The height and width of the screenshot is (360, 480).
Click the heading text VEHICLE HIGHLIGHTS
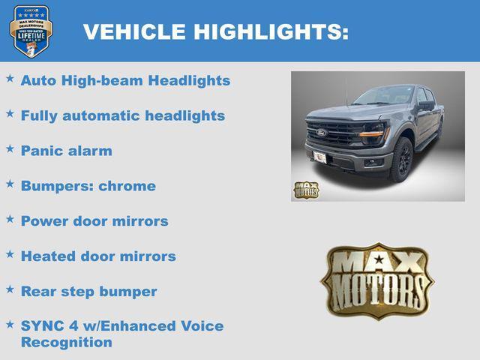pyautogui.click(x=215, y=31)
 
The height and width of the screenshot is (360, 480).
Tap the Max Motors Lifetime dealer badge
pyautogui.click(x=31, y=31)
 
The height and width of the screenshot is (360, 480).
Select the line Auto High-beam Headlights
pyautogui.click(x=125, y=80)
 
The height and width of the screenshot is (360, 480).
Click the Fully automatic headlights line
pyautogui.click(x=122, y=115)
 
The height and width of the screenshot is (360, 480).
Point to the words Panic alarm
pyautogui.click(x=66, y=151)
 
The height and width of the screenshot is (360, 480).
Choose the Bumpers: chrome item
pyautogui.click(x=88, y=186)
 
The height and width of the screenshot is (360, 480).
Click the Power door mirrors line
pyautogui.click(x=94, y=221)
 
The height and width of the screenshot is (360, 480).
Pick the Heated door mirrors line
pyautogui.click(x=98, y=256)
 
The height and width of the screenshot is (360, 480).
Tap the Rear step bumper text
pyautogui.click(x=88, y=292)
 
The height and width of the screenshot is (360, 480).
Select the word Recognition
pyautogui.click(x=66, y=343)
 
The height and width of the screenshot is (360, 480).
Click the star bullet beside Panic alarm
pyautogui.click(x=10, y=148)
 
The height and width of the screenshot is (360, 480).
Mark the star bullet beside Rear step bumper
pyautogui.click(x=10, y=289)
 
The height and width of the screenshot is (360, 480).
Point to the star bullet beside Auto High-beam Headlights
pyautogui.click(x=10, y=78)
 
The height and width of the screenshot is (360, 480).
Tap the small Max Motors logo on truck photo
pyautogui.click(x=306, y=190)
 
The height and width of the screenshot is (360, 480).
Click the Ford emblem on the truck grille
pyautogui.click(x=321, y=133)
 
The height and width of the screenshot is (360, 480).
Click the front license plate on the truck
pyautogui.click(x=319, y=157)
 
